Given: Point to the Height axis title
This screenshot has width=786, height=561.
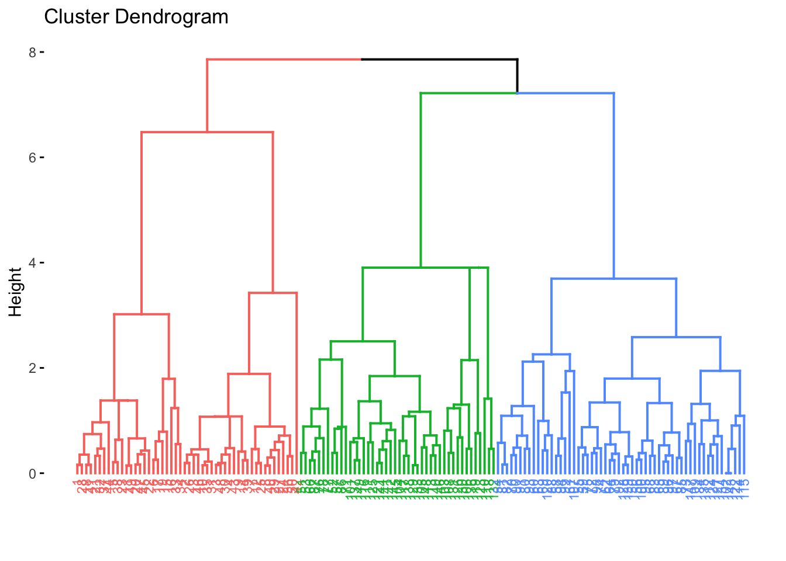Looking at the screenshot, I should point(16,292).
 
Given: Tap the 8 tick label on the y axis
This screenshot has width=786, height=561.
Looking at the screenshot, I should point(32,53).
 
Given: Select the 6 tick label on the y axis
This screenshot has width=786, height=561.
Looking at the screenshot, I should point(32,158).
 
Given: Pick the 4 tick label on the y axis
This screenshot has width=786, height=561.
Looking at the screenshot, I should point(32,263).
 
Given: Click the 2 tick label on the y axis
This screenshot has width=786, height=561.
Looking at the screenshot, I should point(32,368).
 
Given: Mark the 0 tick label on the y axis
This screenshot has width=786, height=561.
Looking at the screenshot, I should point(32,473).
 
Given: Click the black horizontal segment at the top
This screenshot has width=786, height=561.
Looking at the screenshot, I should point(439,59).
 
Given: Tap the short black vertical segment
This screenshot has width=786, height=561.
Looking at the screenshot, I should point(517,76).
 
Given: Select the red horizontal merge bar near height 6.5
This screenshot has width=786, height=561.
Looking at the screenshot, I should point(208,132).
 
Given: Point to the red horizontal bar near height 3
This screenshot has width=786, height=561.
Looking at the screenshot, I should point(142,314).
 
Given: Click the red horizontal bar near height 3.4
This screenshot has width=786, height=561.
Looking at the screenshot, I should point(273,293).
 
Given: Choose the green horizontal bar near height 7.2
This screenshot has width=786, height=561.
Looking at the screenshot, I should point(468,93).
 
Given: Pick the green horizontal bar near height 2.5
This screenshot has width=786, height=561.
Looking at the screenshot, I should point(363,341).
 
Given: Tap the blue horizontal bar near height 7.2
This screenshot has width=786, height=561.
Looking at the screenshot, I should point(566,93).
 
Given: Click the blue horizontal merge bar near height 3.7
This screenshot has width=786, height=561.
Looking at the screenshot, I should point(613,279).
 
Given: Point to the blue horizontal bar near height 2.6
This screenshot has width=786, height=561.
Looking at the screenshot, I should point(676,337).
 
